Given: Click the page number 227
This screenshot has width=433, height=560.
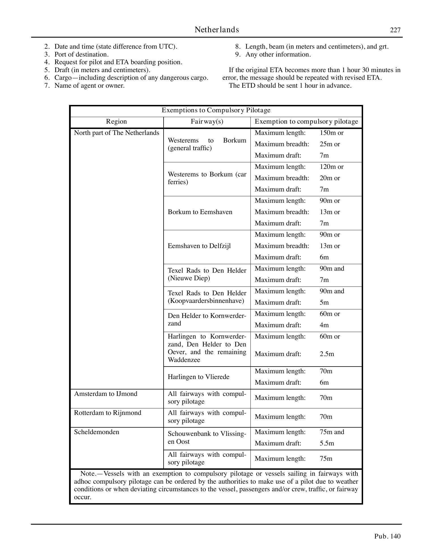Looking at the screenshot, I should pyautogui.click(x=395, y=30).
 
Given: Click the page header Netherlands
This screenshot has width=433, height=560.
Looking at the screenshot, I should pyautogui.click(x=217, y=30).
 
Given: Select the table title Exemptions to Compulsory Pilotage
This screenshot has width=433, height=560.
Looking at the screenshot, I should pyautogui.click(x=216, y=110).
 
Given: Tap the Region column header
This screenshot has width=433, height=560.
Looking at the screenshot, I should pyautogui.click(x=116, y=122).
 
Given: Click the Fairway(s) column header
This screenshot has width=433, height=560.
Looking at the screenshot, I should pyautogui.click(x=207, y=122).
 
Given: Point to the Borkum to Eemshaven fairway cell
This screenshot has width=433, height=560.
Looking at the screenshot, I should pyautogui.click(x=200, y=212).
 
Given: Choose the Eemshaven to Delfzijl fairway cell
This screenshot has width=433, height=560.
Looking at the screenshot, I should pyautogui.click(x=199, y=246).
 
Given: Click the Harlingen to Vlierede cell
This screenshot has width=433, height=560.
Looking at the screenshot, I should pyautogui.click(x=198, y=377).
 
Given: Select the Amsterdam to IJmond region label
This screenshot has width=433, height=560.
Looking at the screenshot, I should pyautogui.click(x=106, y=394).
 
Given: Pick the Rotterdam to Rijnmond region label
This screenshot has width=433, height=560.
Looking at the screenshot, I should pyautogui.click(x=108, y=413).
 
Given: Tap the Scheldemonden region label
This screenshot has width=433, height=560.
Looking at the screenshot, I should pyautogui.click(x=97, y=432).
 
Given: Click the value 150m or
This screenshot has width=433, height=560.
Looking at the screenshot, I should pyautogui.click(x=331, y=133).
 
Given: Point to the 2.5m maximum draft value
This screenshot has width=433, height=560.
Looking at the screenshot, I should pyautogui.click(x=327, y=354).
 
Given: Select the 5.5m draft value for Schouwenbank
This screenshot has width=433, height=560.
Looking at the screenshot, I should pyautogui.click(x=327, y=443).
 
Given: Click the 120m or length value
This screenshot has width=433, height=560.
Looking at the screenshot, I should pyautogui.click(x=331, y=167).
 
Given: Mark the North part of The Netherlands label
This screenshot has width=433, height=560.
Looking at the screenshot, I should pyautogui.click(x=116, y=133).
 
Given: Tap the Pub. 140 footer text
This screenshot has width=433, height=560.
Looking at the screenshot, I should pyautogui.click(x=387, y=536).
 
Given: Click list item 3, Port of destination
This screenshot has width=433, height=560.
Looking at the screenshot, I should pyautogui.click(x=81, y=54).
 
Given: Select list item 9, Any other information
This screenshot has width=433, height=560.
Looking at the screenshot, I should pyautogui.click(x=278, y=54).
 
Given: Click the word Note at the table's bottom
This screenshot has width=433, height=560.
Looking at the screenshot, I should pyautogui.click(x=87, y=473).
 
